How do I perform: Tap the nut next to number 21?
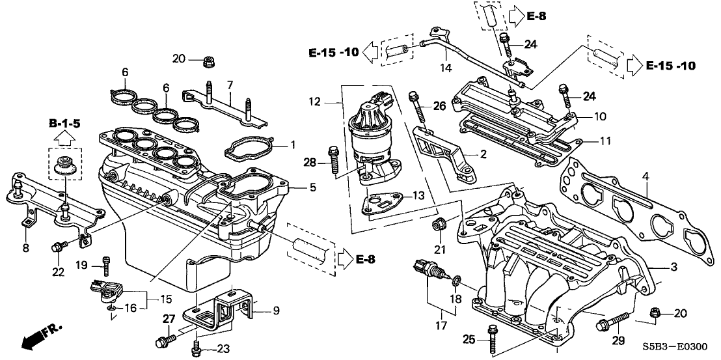click(x=439, y=226)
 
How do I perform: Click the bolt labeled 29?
click(x=610, y=321)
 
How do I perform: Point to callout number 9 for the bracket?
click(x=277, y=311)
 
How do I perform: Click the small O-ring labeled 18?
click(x=458, y=281)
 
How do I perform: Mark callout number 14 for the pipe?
click(x=445, y=67)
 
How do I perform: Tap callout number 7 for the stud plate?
click(x=230, y=84)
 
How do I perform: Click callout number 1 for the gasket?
click(x=292, y=143)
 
